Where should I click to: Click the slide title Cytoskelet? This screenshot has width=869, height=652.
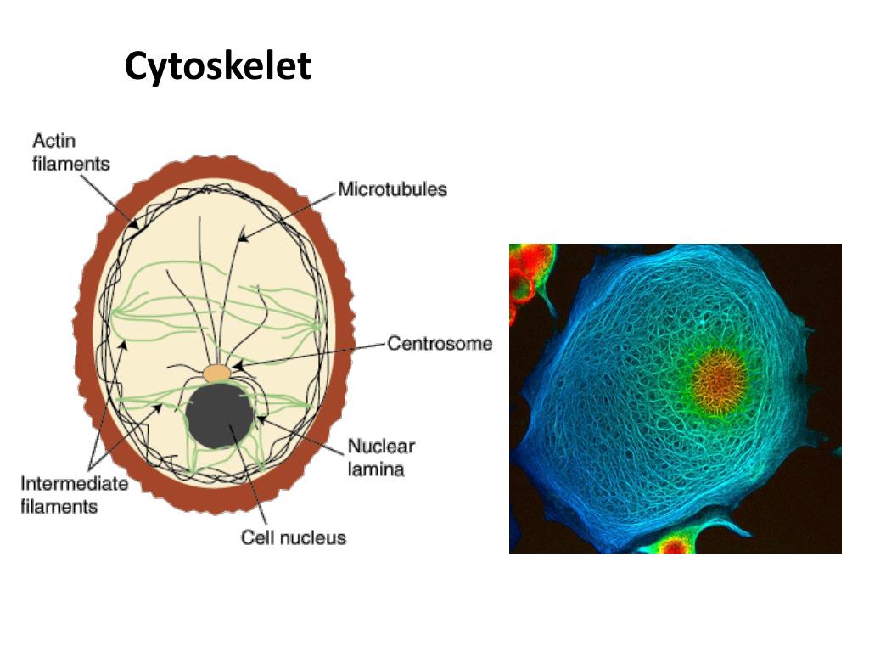pyautogui.click(x=218, y=66)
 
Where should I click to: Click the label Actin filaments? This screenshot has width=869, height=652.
pyautogui.click(x=71, y=152)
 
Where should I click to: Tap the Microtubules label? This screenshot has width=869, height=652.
pyautogui.click(x=392, y=189)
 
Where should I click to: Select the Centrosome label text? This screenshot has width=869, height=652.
pyautogui.click(x=440, y=344)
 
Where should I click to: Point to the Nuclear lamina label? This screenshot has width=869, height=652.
pyautogui.click(x=381, y=458)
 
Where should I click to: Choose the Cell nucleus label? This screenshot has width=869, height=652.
pyautogui.click(x=294, y=537)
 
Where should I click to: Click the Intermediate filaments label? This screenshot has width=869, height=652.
pyautogui.click(x=75, y=495)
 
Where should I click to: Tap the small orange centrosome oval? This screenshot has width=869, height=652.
pyautogui.click(x=217, y=374)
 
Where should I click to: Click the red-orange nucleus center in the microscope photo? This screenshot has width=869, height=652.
pyautogui.click(x=720, y=379)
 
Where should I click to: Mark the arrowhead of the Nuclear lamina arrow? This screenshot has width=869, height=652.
pyautogui.click(x=258, y=417)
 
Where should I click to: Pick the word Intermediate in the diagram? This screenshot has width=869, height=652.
pyautogui.click(x=75, y=484)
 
